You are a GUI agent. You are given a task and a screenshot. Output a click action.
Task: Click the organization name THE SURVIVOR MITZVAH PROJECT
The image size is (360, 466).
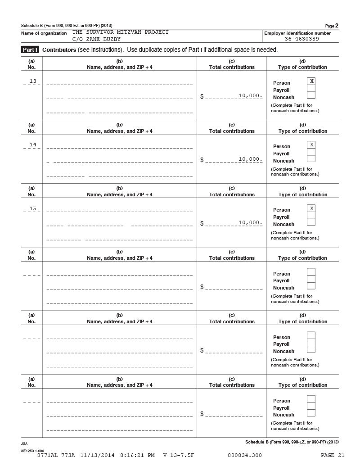coord(120,32)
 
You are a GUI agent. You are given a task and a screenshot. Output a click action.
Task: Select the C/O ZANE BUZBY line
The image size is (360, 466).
coord(96,39)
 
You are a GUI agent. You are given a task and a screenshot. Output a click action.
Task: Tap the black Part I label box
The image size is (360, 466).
coord(31,50)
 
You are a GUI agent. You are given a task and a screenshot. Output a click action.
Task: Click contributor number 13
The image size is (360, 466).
coord(32,81)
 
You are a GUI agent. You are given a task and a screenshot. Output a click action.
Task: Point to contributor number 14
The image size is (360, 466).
coord(32,145)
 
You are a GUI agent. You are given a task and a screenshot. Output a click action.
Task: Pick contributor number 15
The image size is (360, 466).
coord(32,208)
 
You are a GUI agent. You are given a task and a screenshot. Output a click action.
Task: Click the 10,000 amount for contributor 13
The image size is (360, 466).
coord(250,95)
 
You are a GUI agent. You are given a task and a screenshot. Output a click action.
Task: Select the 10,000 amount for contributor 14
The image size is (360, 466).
coord(250,159)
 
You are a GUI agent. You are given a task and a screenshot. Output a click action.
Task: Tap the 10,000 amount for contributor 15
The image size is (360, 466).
coord(250,222)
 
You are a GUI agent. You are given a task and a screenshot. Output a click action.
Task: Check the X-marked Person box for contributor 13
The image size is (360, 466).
coord(311,81)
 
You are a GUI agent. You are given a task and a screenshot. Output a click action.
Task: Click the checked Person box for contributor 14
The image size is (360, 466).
coord(311,145)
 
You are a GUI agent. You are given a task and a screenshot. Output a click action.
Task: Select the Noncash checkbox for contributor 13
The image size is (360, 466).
coord(311,95)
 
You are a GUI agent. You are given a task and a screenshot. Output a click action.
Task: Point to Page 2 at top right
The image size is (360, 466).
coord(332,25)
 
